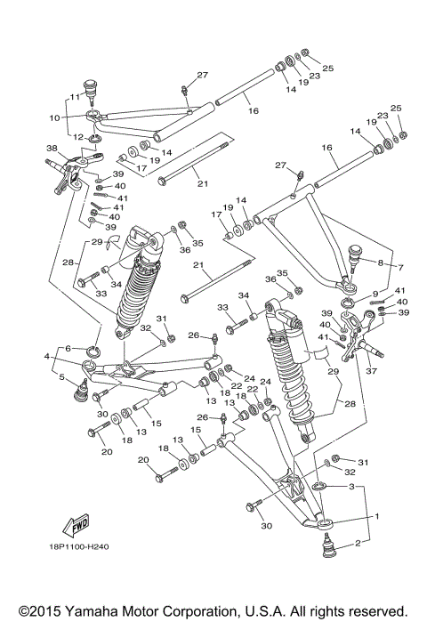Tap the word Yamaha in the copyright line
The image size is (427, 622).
click(x=85, y=610)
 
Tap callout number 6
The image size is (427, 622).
click(x=68, y=348)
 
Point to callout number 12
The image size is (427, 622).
click(x=77, y=136)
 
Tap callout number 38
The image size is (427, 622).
click(x=52, y=149)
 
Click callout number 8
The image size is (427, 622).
click(x=381, y=263)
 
